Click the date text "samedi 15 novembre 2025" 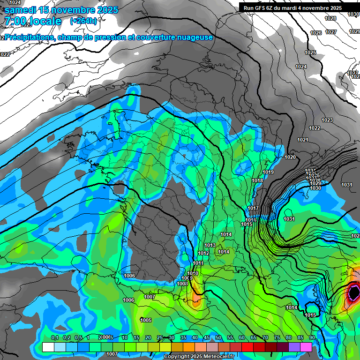(61, 10)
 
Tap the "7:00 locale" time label (33, 21)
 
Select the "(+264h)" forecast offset (83, 21)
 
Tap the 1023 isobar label (327, 120)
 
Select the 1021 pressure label (303, 140)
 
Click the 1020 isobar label (290, 157)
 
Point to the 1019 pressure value (268, 172)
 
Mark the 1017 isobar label (254, 208)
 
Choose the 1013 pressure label (210, 246)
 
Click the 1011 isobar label (198, 263)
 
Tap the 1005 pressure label (146, 320)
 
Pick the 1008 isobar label (183, 284)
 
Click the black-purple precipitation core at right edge (354, 293)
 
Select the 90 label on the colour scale (312, 338)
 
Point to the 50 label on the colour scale (218, 338)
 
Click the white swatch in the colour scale (48, 347)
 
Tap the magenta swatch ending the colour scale (306, 347)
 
